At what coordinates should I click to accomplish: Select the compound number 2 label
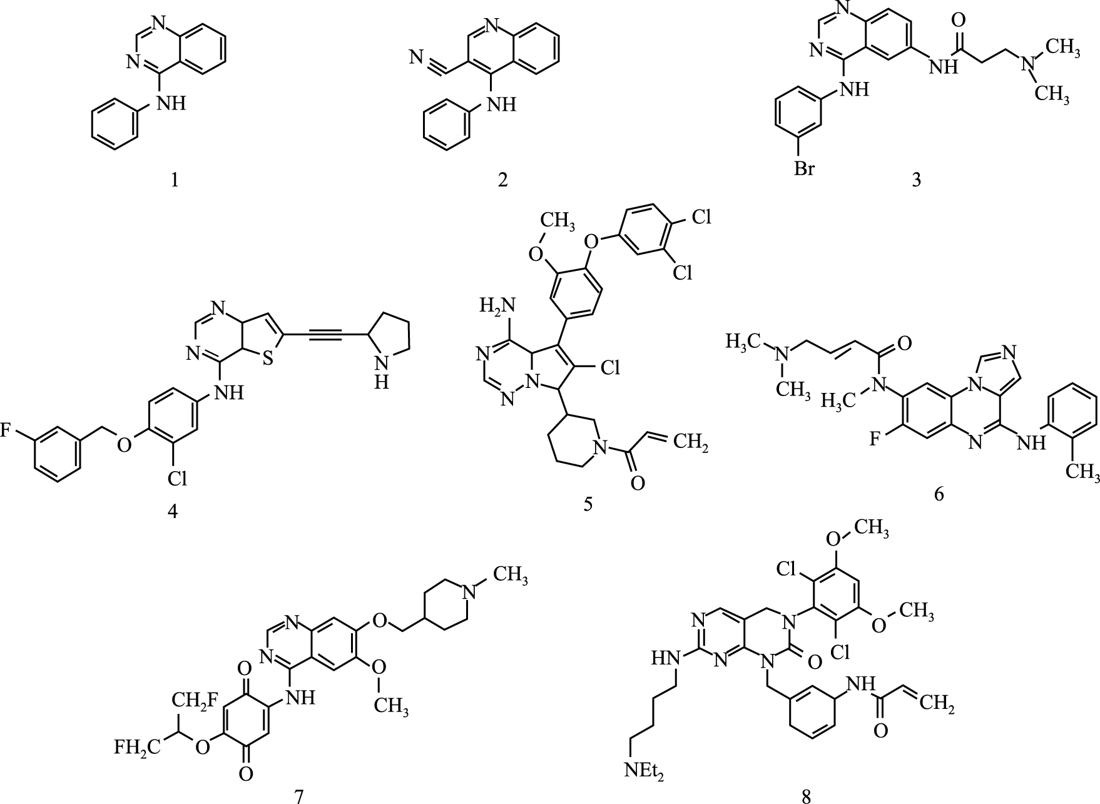pos(502,180)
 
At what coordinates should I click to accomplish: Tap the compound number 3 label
pos(916,180)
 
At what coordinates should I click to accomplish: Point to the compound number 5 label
pos(587,504)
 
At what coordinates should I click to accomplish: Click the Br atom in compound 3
pos(804,168)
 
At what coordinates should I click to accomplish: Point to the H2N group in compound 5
pos(497,307)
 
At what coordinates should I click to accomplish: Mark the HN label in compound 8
pos(665,658)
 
